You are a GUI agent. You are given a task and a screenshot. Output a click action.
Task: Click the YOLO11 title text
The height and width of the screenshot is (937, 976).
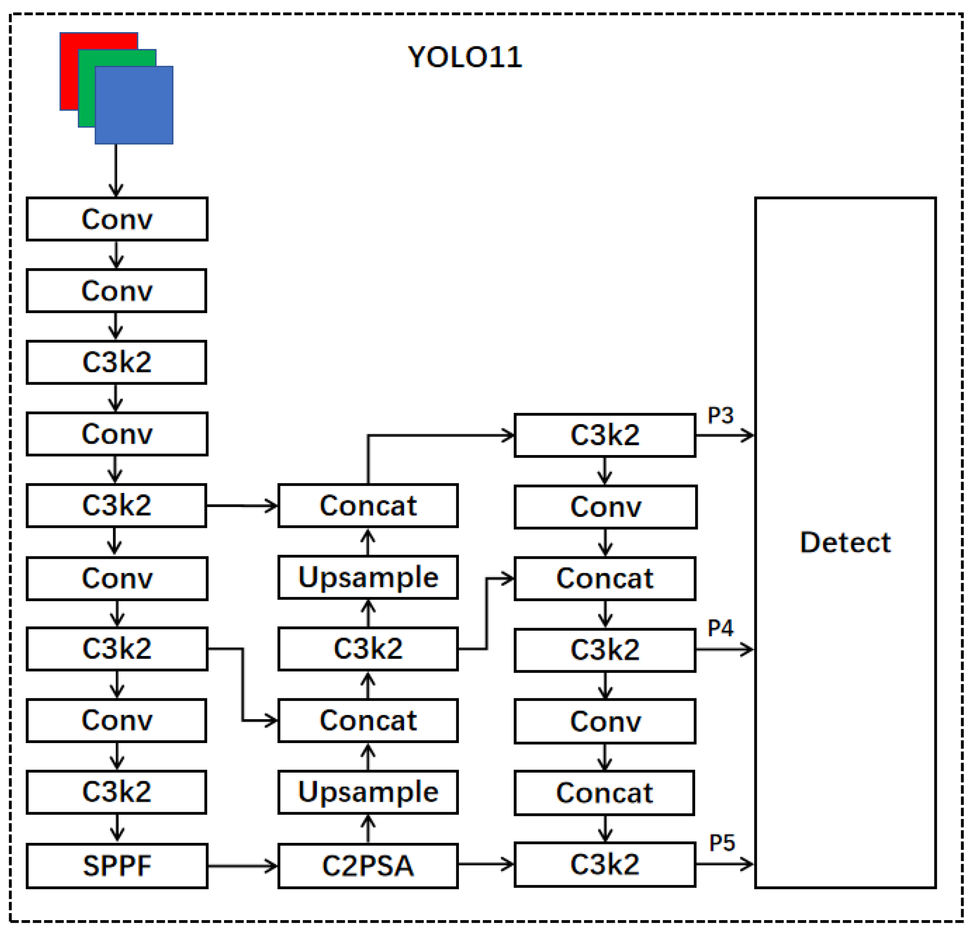pos(465,57)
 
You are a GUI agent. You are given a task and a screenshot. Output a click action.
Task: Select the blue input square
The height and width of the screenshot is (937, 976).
pos(135,105)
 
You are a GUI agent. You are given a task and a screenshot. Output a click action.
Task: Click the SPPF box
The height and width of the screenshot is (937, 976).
pos(117,866)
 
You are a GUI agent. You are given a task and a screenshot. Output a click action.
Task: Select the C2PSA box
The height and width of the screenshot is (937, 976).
pos(368,866)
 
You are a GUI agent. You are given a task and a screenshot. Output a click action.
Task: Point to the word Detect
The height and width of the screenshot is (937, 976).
pos(845,542)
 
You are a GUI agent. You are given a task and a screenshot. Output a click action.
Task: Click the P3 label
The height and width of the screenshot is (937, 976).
pos(721,416)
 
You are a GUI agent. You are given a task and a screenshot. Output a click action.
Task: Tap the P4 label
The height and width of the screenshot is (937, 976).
pos(721,629)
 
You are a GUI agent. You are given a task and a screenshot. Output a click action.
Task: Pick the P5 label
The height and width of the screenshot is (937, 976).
pos(722,843)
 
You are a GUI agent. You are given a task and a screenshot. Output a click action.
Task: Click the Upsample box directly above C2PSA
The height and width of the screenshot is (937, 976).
pos(368,792)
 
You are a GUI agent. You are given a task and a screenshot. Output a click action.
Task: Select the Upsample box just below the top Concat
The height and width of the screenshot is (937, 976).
pos(368,578)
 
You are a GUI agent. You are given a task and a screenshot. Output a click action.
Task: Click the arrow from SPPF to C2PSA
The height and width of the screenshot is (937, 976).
pos(243,866)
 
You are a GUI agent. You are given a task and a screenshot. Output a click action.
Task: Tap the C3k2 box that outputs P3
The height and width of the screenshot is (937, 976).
pos(604,436)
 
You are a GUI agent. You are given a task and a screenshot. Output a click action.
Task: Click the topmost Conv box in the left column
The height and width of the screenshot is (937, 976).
pos(117,220)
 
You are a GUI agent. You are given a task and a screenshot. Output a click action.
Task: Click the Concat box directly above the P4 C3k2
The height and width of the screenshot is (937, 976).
pos(604,579)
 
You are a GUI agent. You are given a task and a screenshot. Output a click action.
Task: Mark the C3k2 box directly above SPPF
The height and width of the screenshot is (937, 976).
pos(116,792)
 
